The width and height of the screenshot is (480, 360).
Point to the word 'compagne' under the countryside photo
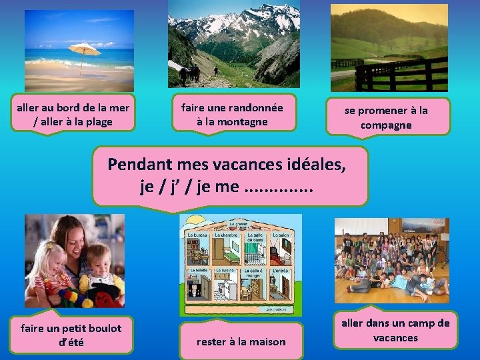386,125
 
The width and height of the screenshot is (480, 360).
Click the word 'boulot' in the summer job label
97,328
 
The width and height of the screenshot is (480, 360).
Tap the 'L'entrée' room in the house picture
280,287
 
